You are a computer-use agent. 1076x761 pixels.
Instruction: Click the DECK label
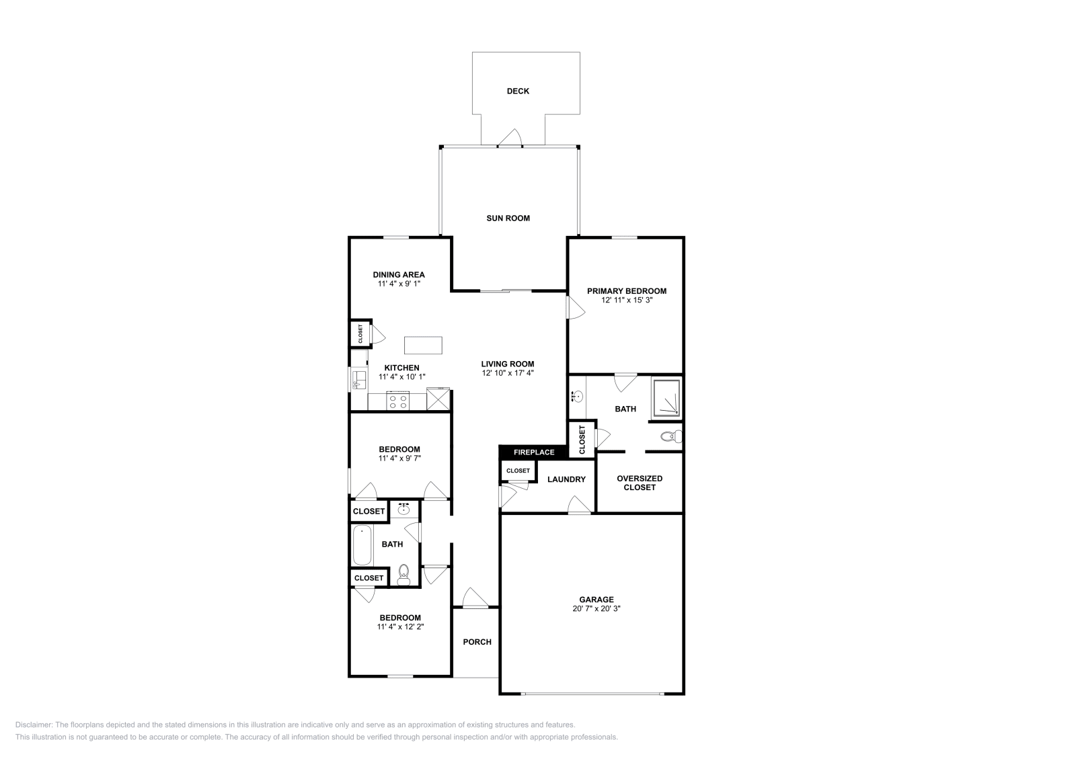[518, 91]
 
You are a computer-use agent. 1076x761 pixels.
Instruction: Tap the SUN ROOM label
[508, 218]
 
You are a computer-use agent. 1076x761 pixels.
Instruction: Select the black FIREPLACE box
[533, 452]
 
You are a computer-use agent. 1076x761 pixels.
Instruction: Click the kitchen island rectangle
[423, 345]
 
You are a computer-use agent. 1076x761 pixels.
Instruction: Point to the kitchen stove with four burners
[397, 401]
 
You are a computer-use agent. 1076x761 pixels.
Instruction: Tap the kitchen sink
[358, 380]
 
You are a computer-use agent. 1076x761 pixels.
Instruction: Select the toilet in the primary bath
[670, 437]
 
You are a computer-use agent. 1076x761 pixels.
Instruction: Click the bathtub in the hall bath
[362, 545]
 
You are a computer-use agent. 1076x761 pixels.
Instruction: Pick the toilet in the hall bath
[403, 573]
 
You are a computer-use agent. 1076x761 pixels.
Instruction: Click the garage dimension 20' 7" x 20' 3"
[597, 608]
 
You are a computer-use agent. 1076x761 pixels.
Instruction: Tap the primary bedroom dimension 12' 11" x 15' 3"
[626, 301]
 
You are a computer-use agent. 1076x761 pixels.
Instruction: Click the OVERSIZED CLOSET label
[639, 483]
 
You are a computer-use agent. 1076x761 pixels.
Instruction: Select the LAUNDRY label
[566, 479]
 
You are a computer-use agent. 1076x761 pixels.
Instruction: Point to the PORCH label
[477, 642]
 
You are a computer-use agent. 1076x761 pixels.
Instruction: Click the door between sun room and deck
[510, 138]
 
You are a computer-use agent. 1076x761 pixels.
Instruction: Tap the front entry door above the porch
[475, 599]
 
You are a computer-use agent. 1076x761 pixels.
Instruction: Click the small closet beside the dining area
[360, 333]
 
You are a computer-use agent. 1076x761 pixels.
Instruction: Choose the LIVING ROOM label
[508, 364]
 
